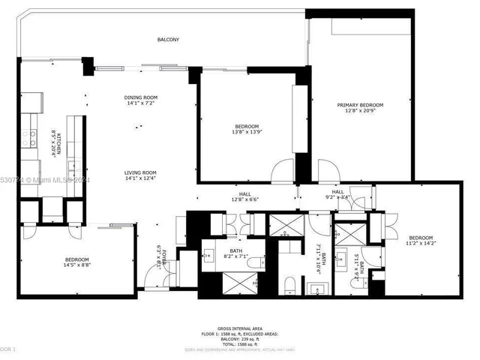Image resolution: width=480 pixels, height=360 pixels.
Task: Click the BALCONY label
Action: [x=168, y=40]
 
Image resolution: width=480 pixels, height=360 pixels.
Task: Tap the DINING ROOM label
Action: [x=140, y=97]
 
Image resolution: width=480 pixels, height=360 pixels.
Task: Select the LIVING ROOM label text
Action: [x=140, y=172]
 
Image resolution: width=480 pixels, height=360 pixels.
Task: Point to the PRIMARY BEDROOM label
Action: [x=360, y=105]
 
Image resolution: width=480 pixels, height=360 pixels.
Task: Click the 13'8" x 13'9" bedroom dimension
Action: [x=247, y=132]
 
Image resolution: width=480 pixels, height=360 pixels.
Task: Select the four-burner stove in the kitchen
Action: [x=30, y=137]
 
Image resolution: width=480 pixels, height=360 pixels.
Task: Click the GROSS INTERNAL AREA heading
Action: [x=239, y=328]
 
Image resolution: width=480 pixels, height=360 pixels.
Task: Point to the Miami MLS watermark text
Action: [x=45, y=180]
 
